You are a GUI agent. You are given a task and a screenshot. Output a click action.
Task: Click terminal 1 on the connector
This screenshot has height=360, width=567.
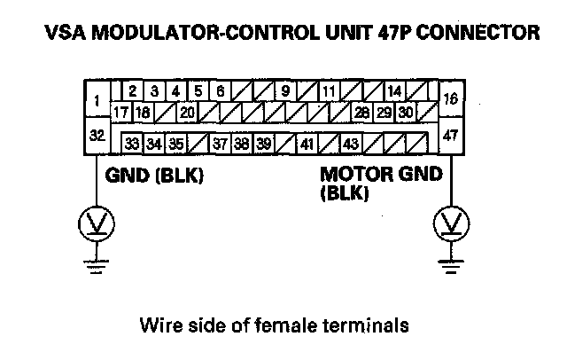click(x=95, y=101)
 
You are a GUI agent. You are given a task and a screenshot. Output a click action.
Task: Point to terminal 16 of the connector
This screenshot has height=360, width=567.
click(x=449, y=101)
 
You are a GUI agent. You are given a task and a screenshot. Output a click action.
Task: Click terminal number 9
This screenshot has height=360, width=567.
click(x=286, y=91)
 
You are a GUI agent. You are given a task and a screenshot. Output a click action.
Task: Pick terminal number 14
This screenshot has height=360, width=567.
click(x=395, y=91)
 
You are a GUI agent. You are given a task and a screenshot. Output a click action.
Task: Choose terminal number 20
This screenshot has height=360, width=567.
click(x=187, y=113)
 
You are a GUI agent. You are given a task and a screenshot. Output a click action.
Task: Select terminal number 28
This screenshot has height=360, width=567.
click(x=361, y=113)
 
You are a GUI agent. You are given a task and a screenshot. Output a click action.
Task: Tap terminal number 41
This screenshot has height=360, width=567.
click(x=307, y=142)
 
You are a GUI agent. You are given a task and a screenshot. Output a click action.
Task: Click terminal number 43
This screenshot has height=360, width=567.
click(x=351, y=142)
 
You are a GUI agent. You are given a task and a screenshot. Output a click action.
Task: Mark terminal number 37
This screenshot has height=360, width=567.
click(x=220, y=142)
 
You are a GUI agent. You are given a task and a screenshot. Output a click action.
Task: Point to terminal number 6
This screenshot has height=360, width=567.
click(x=221, y=91)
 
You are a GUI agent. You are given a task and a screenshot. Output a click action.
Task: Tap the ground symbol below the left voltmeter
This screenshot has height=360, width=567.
click(x=95, y=262)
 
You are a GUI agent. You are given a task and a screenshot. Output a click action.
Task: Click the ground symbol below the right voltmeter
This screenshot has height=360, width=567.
click(x=451, y=262)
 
